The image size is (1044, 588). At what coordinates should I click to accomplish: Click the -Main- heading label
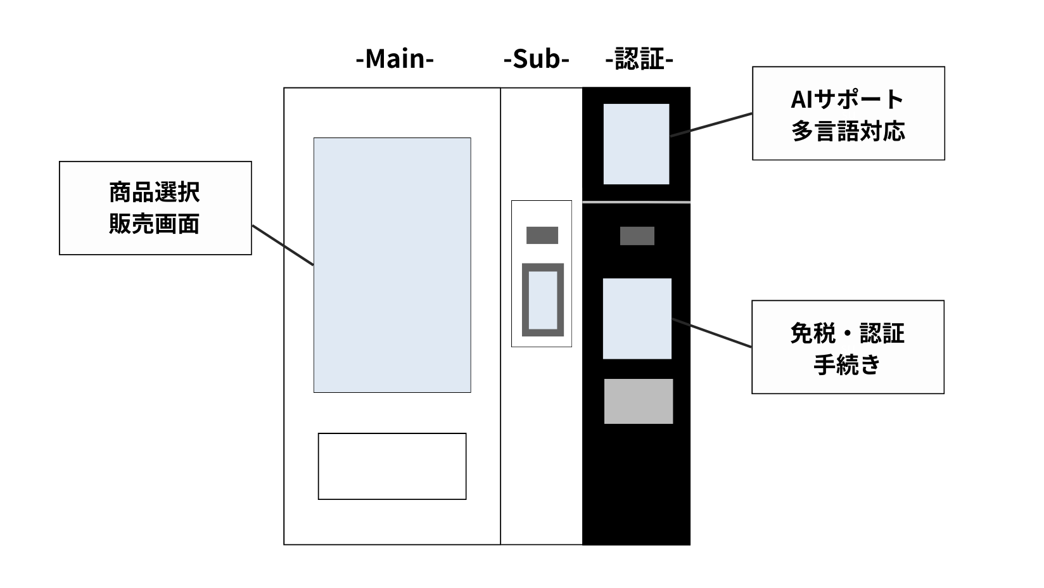point(395,60)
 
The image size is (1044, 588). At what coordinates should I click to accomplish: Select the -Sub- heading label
point(536,60)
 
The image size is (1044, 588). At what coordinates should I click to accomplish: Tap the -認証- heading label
point(639,60)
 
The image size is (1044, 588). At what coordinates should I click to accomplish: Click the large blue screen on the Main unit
point(392,265)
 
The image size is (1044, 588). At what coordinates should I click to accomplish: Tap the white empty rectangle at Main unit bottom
point(392,466)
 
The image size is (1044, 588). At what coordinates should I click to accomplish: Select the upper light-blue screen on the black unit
point(636,144)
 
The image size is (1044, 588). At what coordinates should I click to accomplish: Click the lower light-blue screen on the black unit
point(637,318)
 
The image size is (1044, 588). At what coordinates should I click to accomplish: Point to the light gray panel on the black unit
point(638,401)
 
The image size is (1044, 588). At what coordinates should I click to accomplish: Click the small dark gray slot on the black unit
point(637,236)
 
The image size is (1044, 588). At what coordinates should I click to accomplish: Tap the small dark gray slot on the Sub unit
point(542,235)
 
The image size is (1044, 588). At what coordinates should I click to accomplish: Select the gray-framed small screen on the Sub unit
point(543,300)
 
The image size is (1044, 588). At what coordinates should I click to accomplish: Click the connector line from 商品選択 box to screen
point(283,245)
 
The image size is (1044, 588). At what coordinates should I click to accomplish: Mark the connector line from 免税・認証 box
point(711,333)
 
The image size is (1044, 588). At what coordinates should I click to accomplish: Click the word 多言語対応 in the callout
point(848,131)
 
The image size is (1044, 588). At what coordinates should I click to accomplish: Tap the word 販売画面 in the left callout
point(155,224)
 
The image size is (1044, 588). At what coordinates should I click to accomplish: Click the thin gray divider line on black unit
point(636,201)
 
